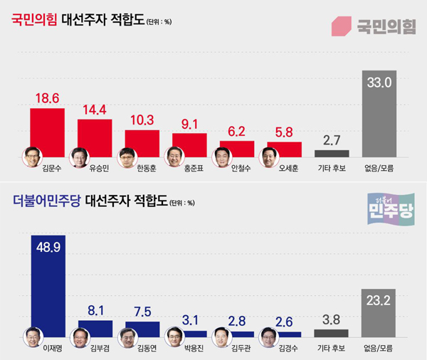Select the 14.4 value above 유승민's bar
pos(95,110)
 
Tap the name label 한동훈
pos(142,169)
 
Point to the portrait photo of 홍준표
pos(174,156)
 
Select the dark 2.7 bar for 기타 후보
pos(332,153)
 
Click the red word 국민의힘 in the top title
pos(33,20)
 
